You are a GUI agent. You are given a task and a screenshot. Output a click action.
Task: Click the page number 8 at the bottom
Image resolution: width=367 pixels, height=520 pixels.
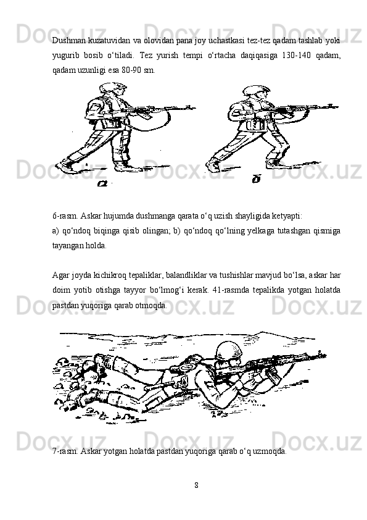[x=196, y=485]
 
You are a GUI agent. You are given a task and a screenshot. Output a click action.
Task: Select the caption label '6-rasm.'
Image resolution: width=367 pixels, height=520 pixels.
[x=65, y=216]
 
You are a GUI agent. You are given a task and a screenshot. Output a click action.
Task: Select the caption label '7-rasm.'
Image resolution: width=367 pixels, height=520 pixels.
[x=65, y=451]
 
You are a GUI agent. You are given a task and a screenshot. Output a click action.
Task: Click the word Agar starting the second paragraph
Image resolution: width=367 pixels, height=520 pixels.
[x=60, y=275]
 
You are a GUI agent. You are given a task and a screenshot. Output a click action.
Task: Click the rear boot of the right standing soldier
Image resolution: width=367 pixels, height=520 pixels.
[x=213, y=166]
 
